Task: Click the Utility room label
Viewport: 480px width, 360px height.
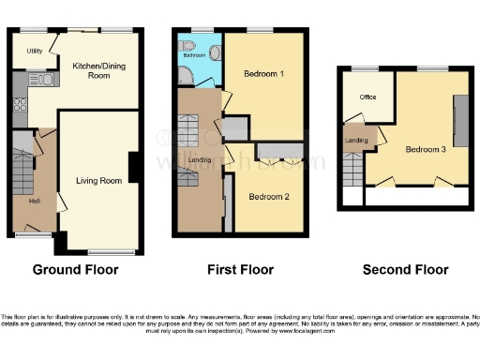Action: coord(34,51)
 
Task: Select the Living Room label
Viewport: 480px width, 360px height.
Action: coord(98,180)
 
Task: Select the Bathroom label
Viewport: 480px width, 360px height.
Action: coord(194,55)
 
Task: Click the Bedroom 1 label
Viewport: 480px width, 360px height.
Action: coord(263,73)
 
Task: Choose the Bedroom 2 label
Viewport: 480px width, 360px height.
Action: coord(268,197)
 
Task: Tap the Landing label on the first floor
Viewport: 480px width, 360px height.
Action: coord(201,159)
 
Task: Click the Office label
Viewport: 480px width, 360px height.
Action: coord(366,97)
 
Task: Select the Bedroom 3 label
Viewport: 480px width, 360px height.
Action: coord(426,148)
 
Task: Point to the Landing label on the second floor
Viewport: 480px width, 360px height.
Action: coord(357,141)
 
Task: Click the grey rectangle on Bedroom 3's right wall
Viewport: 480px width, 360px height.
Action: coord(459,118)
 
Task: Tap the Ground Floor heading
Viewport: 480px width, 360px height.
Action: coord(75,270)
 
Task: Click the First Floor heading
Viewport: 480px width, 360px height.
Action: coord(240,270)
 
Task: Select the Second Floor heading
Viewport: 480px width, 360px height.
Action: coord(405,270)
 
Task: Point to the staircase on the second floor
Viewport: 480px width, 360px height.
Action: coord(353,169)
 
